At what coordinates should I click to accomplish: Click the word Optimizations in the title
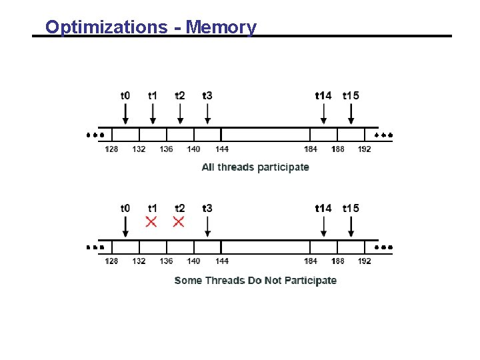pos(107,27)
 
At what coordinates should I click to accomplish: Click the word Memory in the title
pos(221,27)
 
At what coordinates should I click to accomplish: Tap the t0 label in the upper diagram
pos(125,95)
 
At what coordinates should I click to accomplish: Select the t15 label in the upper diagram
pos(351,95)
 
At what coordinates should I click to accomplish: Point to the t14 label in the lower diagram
pos(323,208)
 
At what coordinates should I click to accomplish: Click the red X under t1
pos(152,221)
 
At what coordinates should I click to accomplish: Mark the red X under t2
pos(179,221)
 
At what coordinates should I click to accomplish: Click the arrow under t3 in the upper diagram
pos(207,113)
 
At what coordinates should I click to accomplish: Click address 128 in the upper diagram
pos(111,149)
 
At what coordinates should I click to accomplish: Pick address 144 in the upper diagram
pos(222,149)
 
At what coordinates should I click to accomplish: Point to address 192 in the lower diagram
pos(364,261)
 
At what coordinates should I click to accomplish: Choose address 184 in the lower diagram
pos(311,261)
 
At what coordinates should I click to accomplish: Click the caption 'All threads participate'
pos(255,167)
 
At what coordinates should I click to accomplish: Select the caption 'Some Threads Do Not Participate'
pos(255,280)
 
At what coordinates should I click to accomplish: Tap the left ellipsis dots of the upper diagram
pos(95,135)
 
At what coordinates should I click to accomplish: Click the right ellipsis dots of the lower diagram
pos(383,247)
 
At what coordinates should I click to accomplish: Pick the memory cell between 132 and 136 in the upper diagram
pos(153,134)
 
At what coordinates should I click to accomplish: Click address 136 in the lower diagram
pos(166,261)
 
